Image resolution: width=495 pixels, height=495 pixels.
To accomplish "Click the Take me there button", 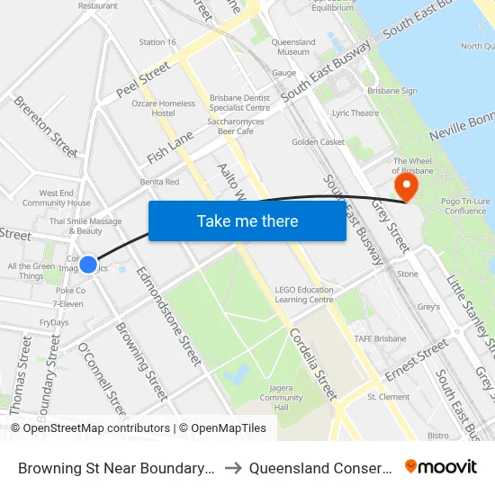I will [247, 221].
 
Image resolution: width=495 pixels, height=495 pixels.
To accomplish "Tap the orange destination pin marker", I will [407, 186].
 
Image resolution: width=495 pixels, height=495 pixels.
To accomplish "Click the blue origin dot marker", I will [88, 264].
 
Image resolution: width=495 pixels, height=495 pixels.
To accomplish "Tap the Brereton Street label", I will [46, 126].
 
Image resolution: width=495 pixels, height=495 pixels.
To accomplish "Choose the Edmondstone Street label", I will [168, 315].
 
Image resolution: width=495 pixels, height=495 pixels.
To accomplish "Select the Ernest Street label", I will [416, 359].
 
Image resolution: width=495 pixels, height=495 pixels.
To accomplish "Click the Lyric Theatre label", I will [355, 113].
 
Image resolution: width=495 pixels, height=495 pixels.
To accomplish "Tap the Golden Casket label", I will [318, 142].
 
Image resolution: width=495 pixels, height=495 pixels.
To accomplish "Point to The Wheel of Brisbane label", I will [414, 166].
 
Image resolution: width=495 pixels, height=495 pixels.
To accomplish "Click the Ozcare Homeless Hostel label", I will [163, 108].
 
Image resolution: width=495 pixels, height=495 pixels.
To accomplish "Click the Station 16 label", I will [157, 42].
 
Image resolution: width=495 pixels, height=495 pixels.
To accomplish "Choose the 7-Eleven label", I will [70, 304].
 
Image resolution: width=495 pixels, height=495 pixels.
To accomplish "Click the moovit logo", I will [440, 466].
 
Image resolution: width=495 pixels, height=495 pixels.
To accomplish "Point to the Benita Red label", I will [158, 182].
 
